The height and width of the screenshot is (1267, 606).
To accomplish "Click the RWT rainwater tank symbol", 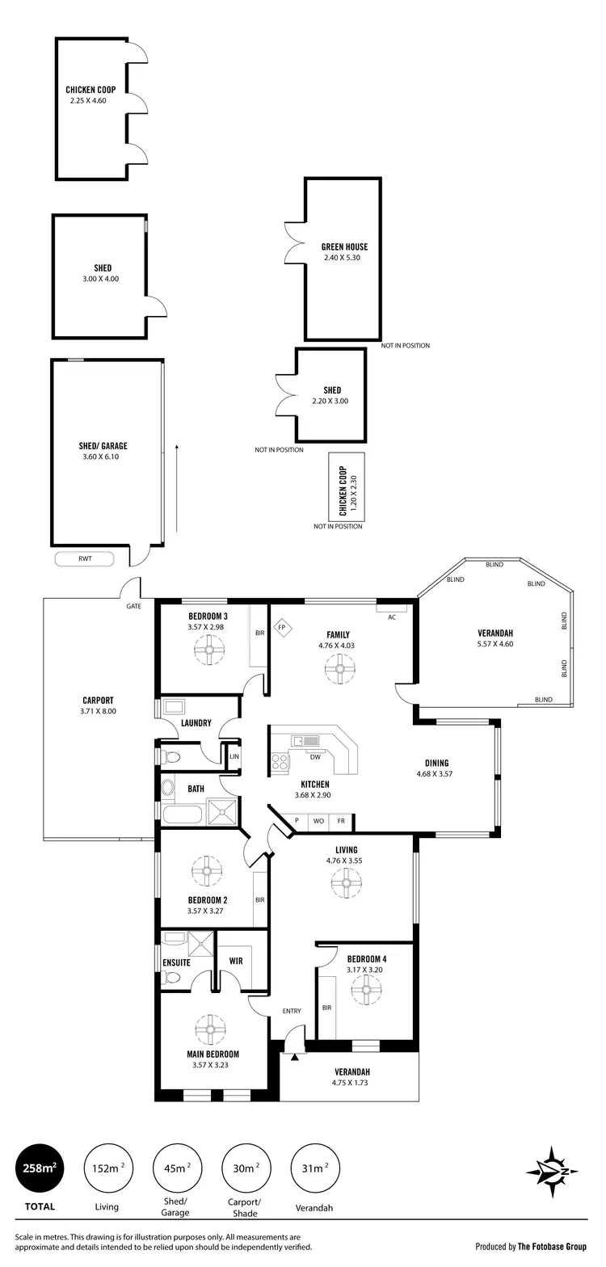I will coord(84,558).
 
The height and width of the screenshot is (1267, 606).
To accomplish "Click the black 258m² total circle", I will coord(38,1168).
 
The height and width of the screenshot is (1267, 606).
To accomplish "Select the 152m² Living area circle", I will coord(107,1168).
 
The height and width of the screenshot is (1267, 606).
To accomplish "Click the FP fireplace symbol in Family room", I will coord(282,626).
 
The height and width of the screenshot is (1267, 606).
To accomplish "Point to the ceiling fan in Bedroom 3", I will coord(209,650).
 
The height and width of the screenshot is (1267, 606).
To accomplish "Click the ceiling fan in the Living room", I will coord(347,882).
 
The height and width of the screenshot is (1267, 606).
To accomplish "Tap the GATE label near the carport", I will coord(134,605).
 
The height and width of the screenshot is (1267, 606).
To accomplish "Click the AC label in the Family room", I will coord(392,617).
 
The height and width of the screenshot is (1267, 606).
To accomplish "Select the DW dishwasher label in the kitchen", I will coord(315,757).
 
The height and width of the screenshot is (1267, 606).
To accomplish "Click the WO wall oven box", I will coord(318,821).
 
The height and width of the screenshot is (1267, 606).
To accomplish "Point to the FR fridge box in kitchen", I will coord(341,821).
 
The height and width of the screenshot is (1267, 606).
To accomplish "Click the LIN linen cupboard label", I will coord(234,756).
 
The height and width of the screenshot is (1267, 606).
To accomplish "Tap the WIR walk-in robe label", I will coord(236,962).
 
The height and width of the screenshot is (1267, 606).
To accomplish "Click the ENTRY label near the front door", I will coord(291,1011).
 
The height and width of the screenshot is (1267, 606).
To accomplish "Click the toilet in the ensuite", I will coord(171,978).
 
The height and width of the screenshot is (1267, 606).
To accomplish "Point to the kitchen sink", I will coord(307,739).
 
